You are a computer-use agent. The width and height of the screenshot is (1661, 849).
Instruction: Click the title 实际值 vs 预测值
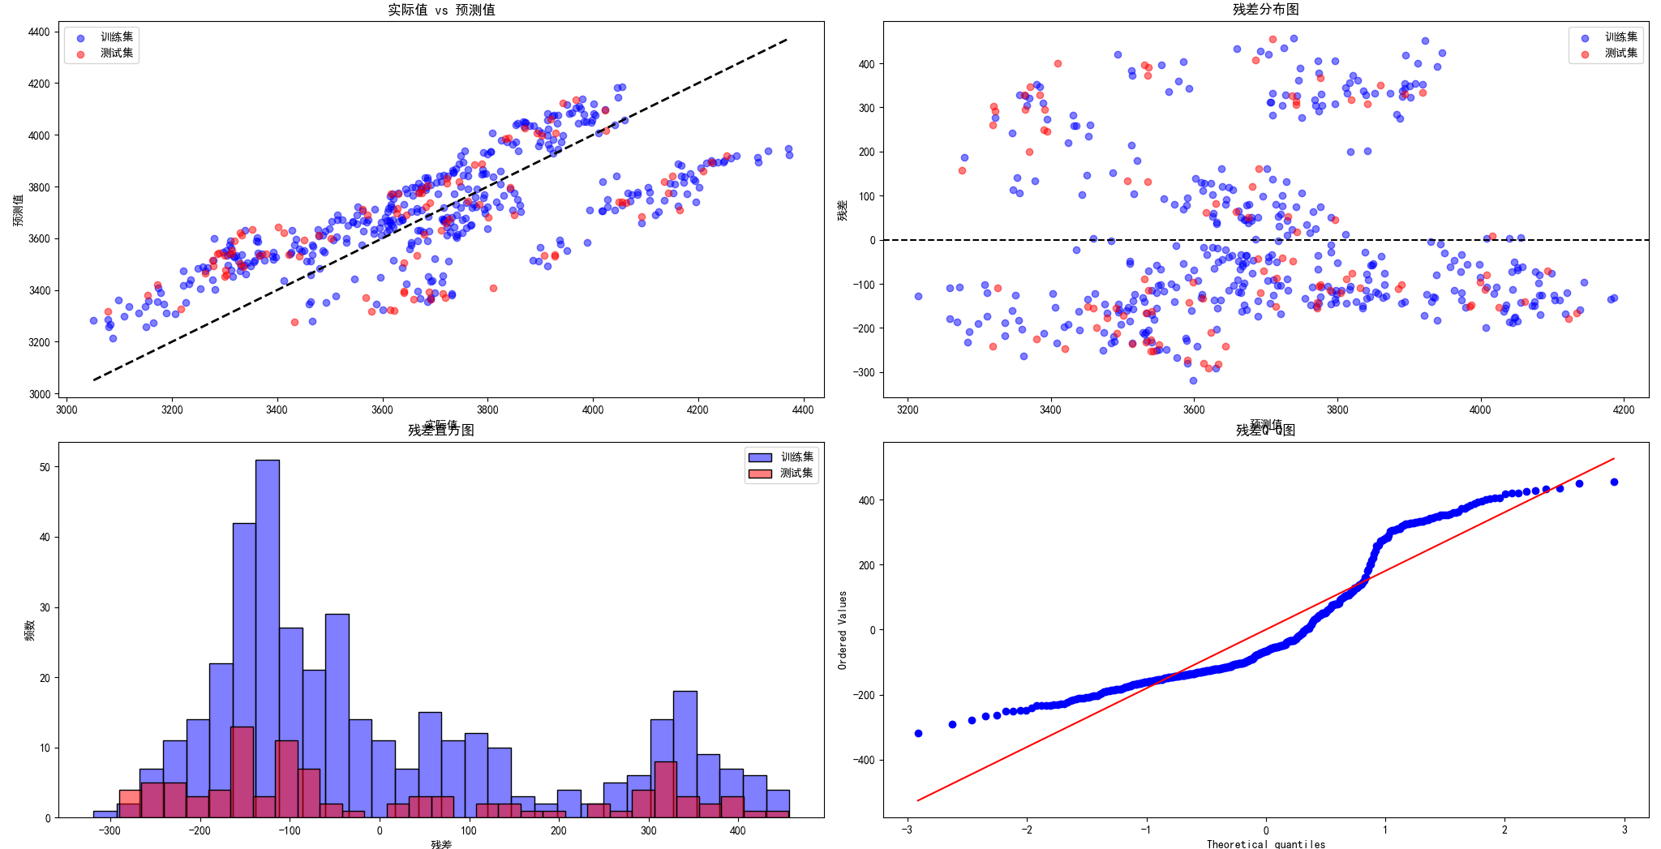point(441,10)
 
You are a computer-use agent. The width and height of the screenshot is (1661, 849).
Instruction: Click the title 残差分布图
point(1265,9)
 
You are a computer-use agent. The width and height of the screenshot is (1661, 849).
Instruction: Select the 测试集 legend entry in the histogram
point(796,474)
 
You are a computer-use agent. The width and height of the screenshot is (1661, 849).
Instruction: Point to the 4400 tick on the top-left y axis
point(39,32)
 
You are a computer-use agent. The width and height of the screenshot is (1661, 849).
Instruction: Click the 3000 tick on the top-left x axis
point(67,410)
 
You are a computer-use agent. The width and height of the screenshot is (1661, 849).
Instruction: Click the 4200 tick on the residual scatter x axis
point(1623,410)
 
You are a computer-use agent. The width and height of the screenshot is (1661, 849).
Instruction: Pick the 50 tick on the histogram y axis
point(45,467)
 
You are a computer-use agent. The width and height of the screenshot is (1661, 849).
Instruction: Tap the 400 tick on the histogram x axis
point(737,831)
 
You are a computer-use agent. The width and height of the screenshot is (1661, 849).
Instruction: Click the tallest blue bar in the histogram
point(268,638)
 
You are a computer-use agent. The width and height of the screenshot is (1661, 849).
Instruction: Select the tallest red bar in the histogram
point(242,772)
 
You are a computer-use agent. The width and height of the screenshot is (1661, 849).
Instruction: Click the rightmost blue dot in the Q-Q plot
point(1614,482)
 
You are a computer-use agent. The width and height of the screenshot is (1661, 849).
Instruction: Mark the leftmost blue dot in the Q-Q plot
point(918,733)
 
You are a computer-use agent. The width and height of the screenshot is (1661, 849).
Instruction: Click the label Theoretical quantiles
point(1265,844)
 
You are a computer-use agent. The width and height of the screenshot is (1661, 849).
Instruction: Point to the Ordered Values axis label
point(843,630)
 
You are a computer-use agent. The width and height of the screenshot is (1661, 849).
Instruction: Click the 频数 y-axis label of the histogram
point(30,630)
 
